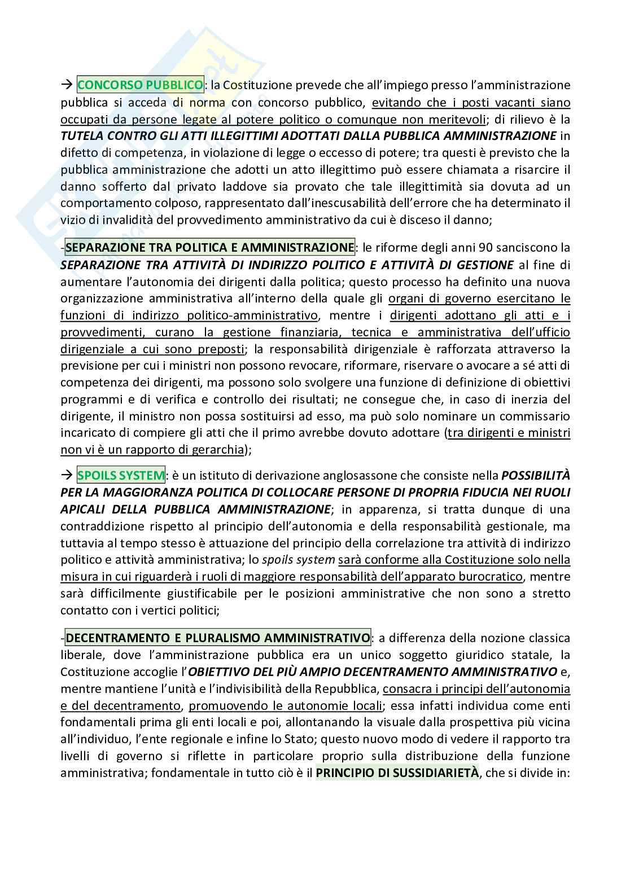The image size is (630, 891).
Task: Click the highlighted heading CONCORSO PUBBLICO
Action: [139, 85]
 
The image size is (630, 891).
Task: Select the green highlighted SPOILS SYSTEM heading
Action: [121, 475]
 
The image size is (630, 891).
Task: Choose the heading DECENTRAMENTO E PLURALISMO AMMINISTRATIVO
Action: [218, 638]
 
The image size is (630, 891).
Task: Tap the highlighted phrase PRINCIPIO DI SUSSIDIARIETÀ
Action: [397, 773]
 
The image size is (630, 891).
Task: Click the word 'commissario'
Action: [540, 416]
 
